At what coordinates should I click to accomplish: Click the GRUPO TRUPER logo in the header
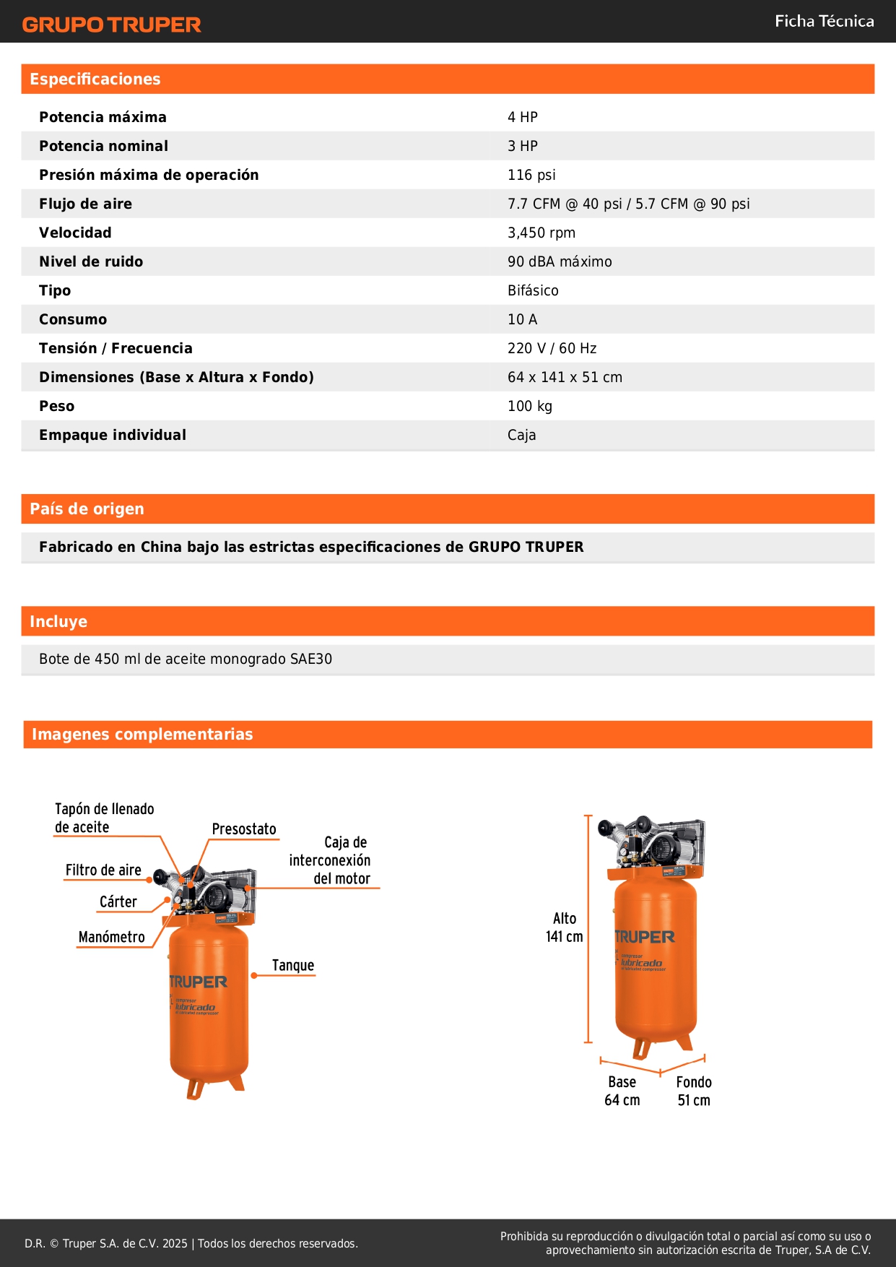pyautogui.click(x=111, y=25)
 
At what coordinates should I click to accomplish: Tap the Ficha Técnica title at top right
pyautogui.click(x=824, y=21)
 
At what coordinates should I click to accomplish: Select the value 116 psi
pyautogui.click(x=531, y=175)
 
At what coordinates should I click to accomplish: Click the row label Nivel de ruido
pyautogui.click(x=91, y=261)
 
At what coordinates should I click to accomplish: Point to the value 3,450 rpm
pyautogui.click(x=541, y=233)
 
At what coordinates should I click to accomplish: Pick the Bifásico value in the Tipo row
pyautogui.click(x=533, y=290)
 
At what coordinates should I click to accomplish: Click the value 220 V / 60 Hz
pyautogui.click(x=552, y=348)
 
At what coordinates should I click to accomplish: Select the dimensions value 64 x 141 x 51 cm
pyautogui.click(x=565, y=377)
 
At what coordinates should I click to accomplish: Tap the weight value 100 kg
pyautogui.click(x=529, y=406)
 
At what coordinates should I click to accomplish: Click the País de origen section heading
pyautogui.click(x=87, y=509)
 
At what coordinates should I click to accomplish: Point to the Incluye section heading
pyautogui.click(x=58, y=621)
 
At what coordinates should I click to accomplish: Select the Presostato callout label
pyautogui.click(x=244, y=829)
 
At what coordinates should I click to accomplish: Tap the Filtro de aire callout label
pyautogui.click(x=103, y=870)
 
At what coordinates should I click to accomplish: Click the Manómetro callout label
pyautogui.click(x=112, y=938)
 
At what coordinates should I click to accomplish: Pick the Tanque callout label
pyautogui.click(x=293, y=966)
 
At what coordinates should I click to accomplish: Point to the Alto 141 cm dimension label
pyautogui.click(x=565, y=927)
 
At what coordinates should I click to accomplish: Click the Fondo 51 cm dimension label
pyautogui.click(x=694, y=1091)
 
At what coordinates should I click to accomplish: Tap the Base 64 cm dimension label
pyautogui.click(x=622, y=1091)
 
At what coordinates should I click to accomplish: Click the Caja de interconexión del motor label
pyautogui.click(x=331, y=860)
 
